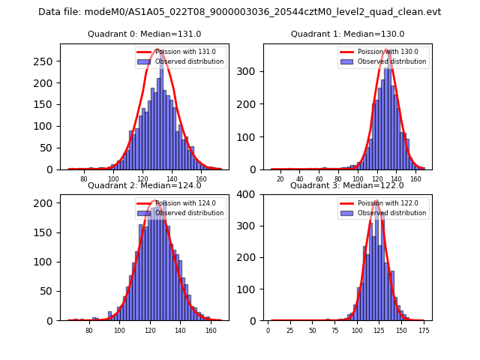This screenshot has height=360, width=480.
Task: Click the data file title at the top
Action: tap(240, 12)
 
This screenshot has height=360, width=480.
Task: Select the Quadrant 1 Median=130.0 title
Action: tap(347, 34)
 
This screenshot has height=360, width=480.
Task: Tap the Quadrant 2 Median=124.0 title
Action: tap(144, 185)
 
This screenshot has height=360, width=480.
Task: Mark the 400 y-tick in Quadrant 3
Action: tap(250, 194)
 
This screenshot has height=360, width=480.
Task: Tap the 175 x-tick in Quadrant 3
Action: tap(424, 331)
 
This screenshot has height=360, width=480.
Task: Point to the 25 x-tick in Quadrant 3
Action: tap(290, 331)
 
